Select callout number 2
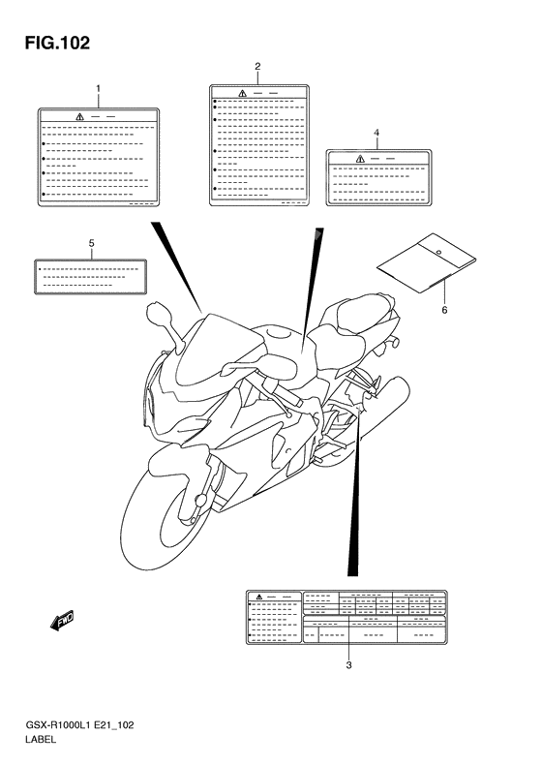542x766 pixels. pyautogui.click(x=257, y=66)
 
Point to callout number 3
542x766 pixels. pyautogui.click(x=348, y=665)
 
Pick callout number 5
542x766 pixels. pyautogui.click(x=91, y=241)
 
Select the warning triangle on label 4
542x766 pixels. pyautogui.click(x=360, y=158)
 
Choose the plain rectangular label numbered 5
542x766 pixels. pyautogui.click(x=90, y=275)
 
